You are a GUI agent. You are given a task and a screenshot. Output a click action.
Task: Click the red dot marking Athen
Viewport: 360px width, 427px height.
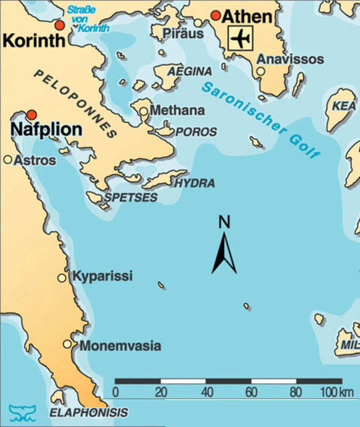pyautogui.click(x=215, y=15)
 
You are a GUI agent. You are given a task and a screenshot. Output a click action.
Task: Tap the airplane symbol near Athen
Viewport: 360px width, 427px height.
pyautogui.click(x=240, y=39)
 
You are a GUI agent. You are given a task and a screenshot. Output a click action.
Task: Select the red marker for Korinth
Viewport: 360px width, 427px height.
pyautogui.click(x=60, y=25)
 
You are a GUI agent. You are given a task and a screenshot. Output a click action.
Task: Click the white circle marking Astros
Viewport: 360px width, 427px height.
pyautogui.click(x=8, y=160)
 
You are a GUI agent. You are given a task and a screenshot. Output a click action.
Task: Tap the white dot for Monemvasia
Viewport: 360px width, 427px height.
pyautogui.click(x=67, y=344)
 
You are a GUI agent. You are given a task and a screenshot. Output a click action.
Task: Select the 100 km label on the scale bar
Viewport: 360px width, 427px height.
pyautogui.click(x=336, y=390)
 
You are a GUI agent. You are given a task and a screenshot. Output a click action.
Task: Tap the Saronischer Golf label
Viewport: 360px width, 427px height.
pyautogui.click(x=261, y=119)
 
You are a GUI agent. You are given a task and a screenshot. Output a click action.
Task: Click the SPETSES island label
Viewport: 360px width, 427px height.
pyautogui.click(x=131, y=197)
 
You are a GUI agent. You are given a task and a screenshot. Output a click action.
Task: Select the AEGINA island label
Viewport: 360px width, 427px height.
pyautogui.click(x=190, y=71)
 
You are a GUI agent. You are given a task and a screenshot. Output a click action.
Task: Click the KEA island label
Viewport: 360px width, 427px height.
pyautogui.click(x=341, y=107)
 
